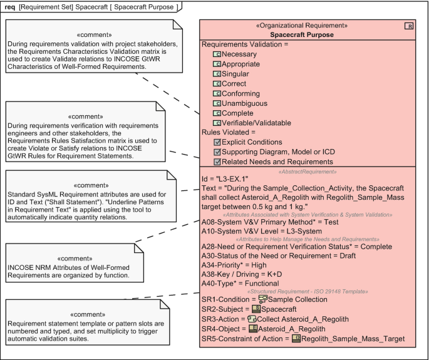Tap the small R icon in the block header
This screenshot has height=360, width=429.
(x=410, y=26)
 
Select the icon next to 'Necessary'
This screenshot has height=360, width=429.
(x=217, y=54)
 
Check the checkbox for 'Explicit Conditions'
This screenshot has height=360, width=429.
(x=217, y=143)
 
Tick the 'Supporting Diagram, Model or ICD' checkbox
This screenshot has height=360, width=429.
(x=217, y=152)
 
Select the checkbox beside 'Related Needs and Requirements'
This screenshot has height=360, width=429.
(x=217, y=162)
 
